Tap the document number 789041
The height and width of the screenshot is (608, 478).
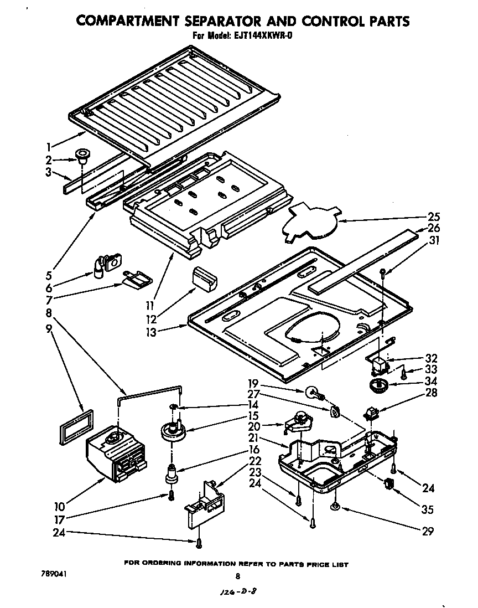click(54, 574)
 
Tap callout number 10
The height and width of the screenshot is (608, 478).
click(60, 506)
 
